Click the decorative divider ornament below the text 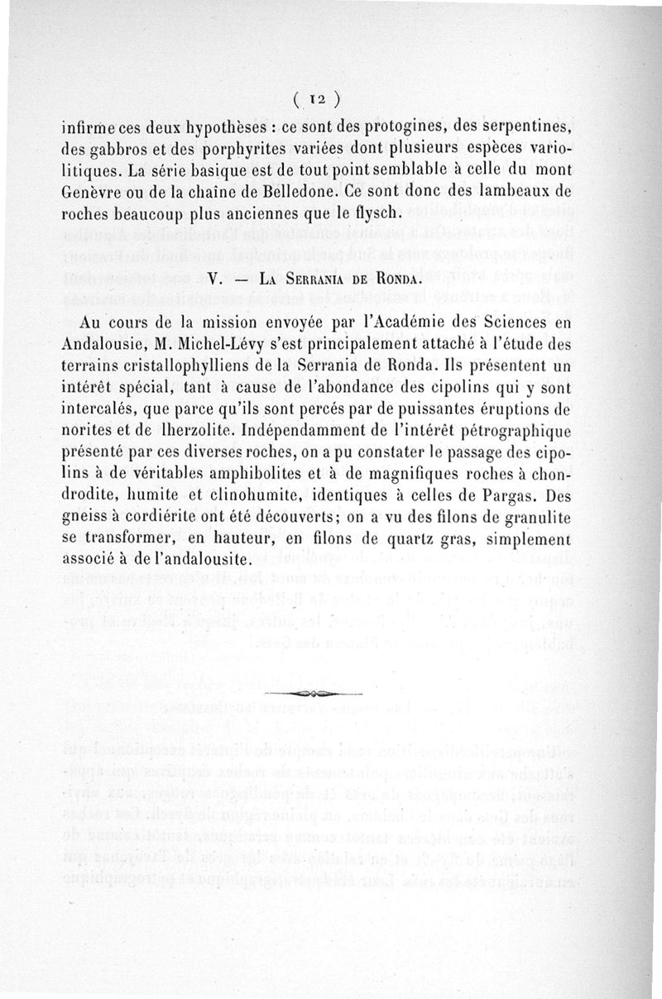coord(314,693)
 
